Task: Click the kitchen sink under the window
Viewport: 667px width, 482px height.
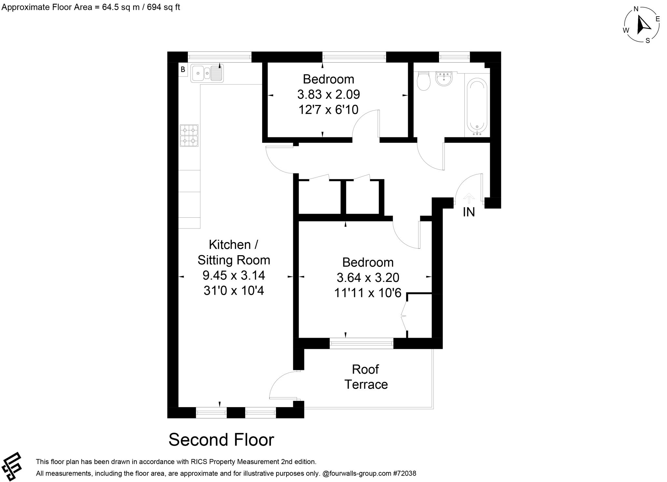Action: tap(206, 73)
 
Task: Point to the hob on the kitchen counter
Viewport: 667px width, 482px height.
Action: tap(189, 136)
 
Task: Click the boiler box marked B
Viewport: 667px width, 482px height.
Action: tap(183, 69)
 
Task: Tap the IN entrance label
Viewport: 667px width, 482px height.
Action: tap(469, 212)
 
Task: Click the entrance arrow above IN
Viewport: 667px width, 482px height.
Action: tap(469, 198)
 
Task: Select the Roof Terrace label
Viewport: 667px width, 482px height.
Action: tap(366, 377)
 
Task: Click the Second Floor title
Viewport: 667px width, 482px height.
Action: tap(221, 440)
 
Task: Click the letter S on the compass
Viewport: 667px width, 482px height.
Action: tap(647, 41)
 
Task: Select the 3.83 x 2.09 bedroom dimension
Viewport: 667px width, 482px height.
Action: tap(328, 95)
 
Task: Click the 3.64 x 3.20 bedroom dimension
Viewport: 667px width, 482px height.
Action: tap(368, 278)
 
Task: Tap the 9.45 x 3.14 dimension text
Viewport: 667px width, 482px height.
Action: tap(234, 275)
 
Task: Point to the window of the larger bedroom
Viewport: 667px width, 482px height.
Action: tap(362, 343)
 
